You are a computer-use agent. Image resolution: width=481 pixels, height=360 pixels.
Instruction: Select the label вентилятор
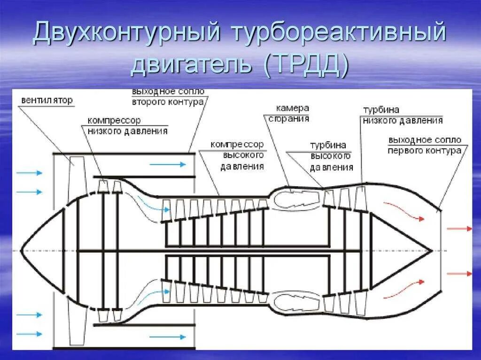47,100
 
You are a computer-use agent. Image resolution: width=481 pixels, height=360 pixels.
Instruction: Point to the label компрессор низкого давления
127,126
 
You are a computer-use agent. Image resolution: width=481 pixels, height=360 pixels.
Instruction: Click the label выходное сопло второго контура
168,96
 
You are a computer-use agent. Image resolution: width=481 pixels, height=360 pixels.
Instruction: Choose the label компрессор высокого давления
237,155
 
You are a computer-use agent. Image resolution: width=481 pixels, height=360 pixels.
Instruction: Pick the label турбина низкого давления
402,115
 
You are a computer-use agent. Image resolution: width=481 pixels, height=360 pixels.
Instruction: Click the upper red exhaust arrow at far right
459,229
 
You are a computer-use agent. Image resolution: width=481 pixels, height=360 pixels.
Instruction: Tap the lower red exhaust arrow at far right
459,273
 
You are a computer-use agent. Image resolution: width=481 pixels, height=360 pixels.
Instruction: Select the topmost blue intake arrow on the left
29,173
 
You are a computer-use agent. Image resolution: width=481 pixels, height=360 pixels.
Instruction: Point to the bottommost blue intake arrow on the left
29,333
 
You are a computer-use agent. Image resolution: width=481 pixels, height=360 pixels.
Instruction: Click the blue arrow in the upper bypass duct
168,164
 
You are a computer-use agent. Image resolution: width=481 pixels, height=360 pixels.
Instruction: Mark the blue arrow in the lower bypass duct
168,337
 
